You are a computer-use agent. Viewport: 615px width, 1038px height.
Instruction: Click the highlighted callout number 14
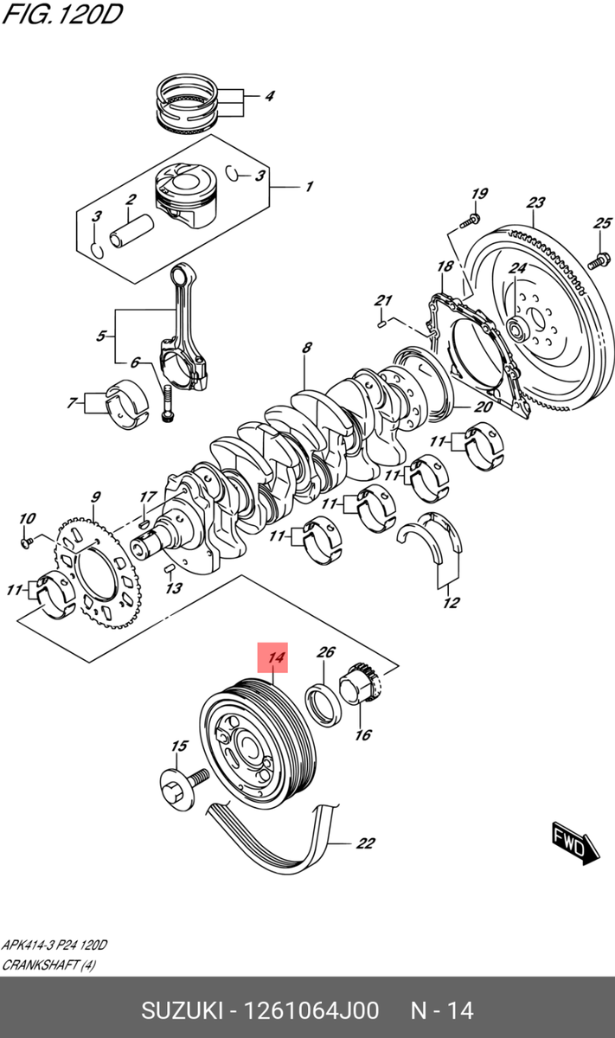[x=276, y=659]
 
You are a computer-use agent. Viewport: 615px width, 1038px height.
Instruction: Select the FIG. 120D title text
[x=61, y=16]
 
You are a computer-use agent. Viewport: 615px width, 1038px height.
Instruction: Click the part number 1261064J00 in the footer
[x=311, y=1010]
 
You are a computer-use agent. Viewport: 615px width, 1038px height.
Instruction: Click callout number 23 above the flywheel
[x=535, y=203]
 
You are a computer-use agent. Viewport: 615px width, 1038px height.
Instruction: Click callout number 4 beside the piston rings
[x=268, y=96]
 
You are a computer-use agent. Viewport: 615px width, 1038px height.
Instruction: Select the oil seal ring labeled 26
[x=323, y=701]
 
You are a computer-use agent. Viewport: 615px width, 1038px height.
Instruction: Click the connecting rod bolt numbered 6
[x=167, y=403]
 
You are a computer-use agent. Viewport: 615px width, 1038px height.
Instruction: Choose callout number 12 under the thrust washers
[x=451, y=603]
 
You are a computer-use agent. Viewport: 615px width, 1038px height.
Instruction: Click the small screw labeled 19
[x=470, y=221]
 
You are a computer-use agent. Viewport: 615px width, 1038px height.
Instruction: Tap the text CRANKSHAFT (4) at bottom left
[x=48, y=964]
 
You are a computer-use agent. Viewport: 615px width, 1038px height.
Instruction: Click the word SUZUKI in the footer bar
[x=181, y=1010]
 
